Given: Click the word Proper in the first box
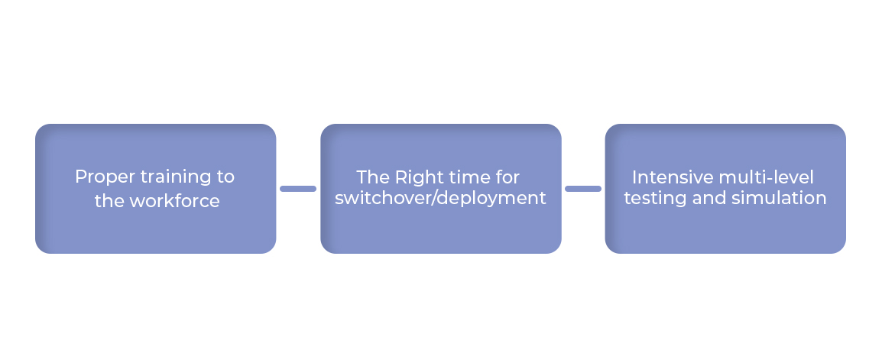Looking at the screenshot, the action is click(x=105, y=177).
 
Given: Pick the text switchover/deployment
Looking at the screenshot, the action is click(x=440, y=199).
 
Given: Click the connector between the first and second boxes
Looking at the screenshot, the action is click(x=298, y=189).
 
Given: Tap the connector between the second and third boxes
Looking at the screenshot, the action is click(x=583, y=189).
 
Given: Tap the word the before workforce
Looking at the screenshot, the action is click(x=109, y=201).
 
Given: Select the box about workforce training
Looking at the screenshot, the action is click(x=156, y=189).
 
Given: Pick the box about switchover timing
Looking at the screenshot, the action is click(x=441, y=189).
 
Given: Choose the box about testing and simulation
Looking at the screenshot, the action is click(x=725, y=189).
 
